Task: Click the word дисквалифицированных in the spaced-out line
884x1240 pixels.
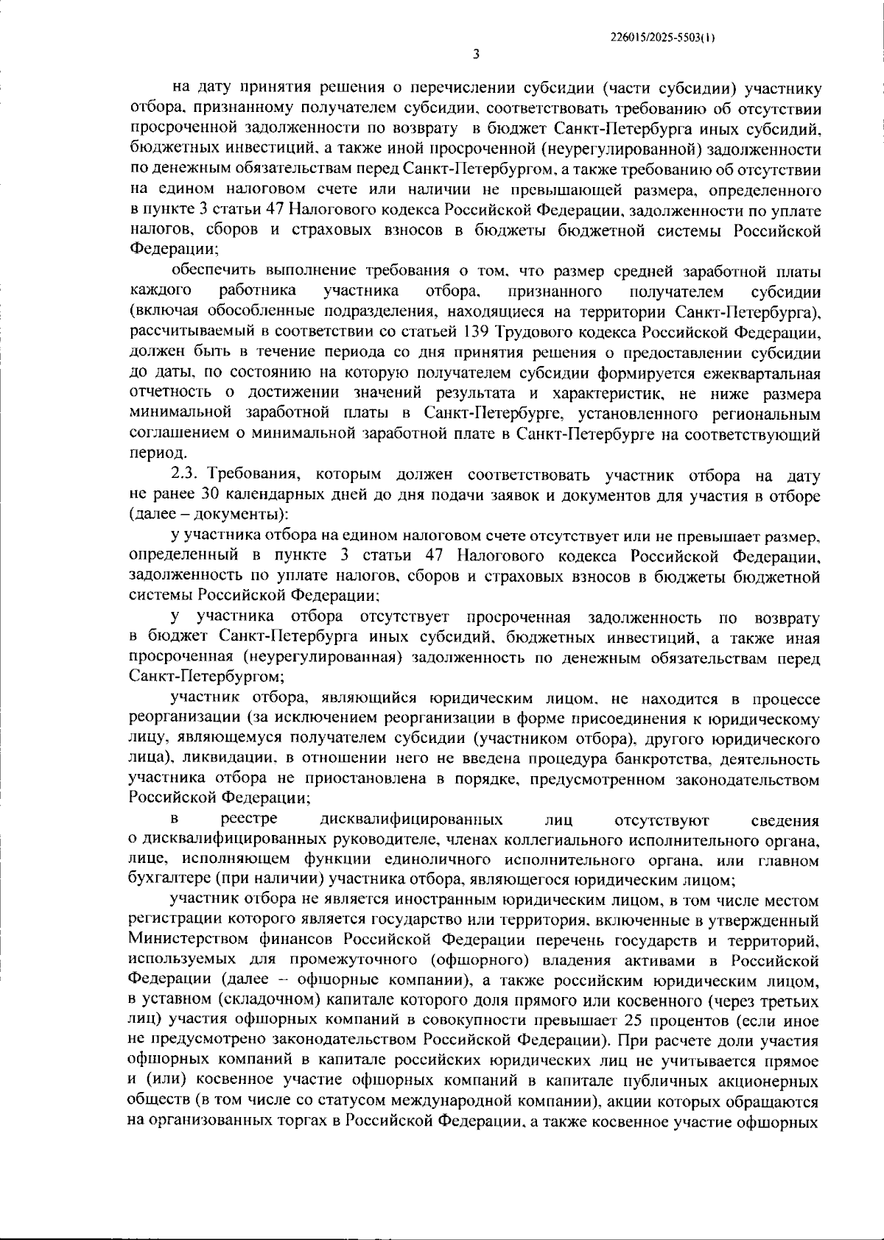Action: pos(412,820)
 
